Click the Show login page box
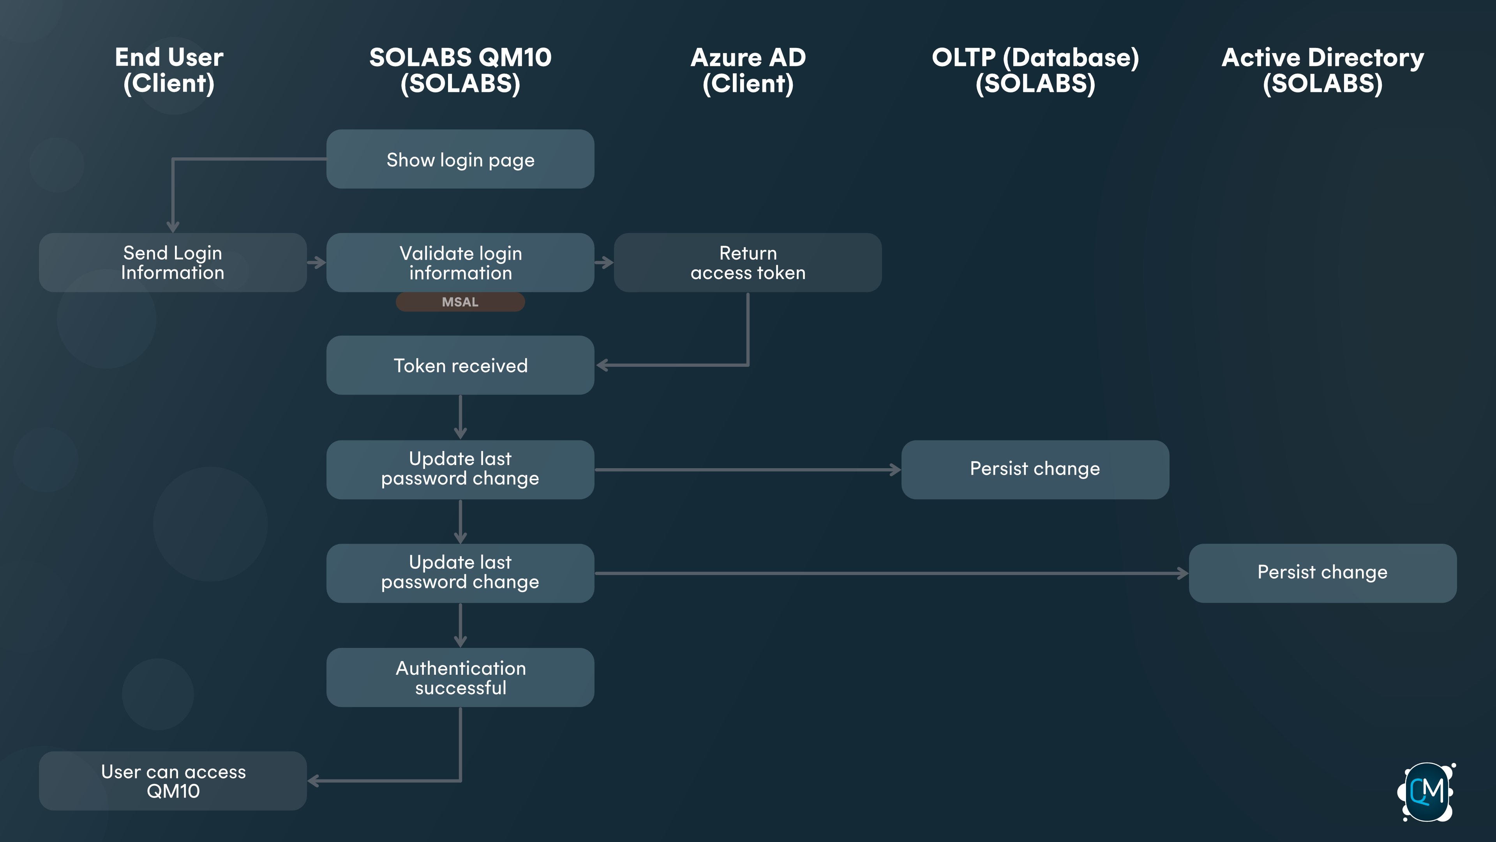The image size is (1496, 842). [460, 159]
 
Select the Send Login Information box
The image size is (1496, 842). [173, 263]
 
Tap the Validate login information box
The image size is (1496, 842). [460, 263]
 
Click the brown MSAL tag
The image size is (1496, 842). [460, 302]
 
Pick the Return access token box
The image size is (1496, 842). [748, 263]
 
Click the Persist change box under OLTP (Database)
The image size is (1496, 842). [1035, 469]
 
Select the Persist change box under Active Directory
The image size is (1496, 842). [1322, 573]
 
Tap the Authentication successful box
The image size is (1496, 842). [460, 677]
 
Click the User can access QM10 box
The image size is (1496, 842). [173, 781]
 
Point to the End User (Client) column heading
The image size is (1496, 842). [169, 70]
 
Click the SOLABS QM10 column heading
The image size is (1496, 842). [460, 70]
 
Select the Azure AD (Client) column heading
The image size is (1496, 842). [748, 70]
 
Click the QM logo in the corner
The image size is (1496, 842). [1426, 791]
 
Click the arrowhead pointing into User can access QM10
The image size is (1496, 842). [314, 781]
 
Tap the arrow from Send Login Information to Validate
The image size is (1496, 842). [316, 263]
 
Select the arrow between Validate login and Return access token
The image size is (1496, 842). [604, 263]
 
